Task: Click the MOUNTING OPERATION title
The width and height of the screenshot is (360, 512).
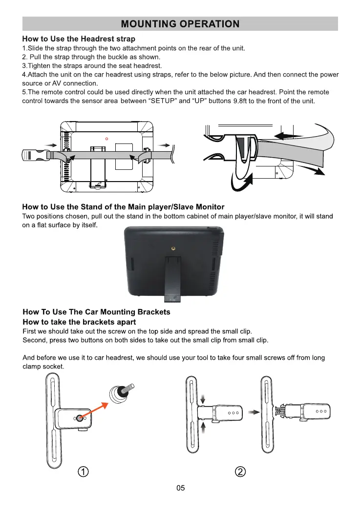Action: click(x=180, y=24)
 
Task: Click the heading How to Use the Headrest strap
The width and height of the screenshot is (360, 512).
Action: click(x=79, y=39)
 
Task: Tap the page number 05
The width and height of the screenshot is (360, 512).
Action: click(x=180, y=488)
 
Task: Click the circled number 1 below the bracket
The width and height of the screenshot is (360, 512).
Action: click(x=85, y=472)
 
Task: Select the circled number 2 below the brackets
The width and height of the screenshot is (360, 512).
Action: click(x=240, y=472)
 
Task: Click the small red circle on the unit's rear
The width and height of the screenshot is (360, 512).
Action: click(x=106, y=139)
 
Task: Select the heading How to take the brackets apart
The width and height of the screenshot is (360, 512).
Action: click(x=80, y=322)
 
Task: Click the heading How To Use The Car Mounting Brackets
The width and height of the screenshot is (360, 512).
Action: click(x=97, y=312)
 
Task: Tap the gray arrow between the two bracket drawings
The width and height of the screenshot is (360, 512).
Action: click(x=253, y=412)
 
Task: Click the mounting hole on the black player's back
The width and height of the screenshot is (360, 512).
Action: click(x=173, y=248)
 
